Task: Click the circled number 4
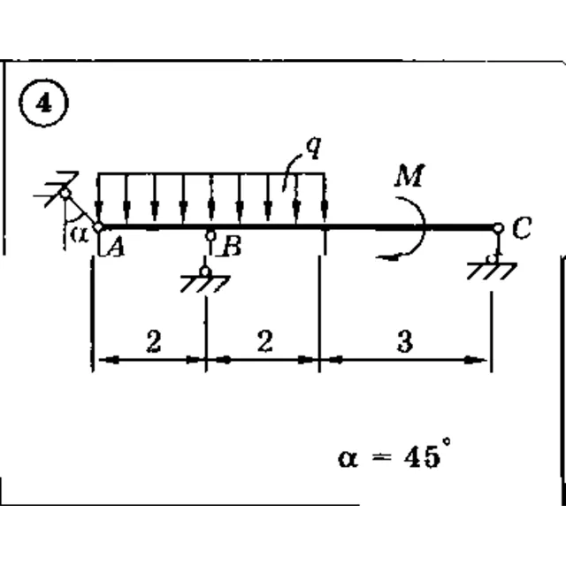coord(43,103)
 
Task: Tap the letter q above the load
coord(313,147)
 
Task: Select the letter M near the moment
coord(409,175)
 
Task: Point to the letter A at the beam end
coord(116,248)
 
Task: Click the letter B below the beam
coord(232,247)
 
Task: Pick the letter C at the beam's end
coord(522,228)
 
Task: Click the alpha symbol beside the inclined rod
coord(79,234)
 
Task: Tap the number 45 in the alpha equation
coord(423,457)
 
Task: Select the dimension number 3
coord(405,341)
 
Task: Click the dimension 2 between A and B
coord(154,341)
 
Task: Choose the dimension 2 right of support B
coord(265,341)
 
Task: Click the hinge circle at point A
coord(98,227)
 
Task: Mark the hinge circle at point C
coord(498,228)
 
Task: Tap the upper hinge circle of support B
coord(210,236)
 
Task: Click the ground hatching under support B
coord(205,284)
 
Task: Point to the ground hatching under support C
coord(492,271)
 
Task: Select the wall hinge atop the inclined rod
coord(65,194)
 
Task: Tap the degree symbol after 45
coord(447,441)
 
